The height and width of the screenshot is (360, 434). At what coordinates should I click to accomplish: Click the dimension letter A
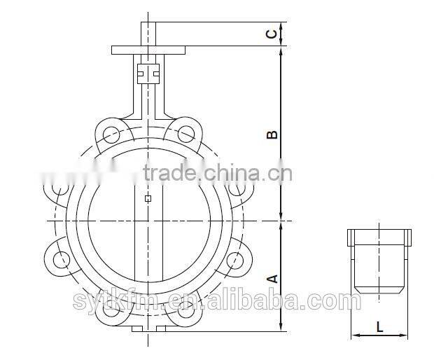tap(274, 278)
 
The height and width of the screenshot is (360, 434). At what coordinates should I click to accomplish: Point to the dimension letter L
tap(379, 326)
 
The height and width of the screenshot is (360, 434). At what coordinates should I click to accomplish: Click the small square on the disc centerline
tap(148, 198)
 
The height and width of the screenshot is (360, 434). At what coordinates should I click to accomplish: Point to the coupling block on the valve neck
tap(148, 71)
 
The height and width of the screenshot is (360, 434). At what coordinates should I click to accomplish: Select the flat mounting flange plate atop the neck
tap(148, 50)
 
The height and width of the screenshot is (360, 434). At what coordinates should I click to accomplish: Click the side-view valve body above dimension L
tap(379, 263)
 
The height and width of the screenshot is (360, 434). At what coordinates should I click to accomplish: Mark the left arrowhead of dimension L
tap(353, 335)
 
